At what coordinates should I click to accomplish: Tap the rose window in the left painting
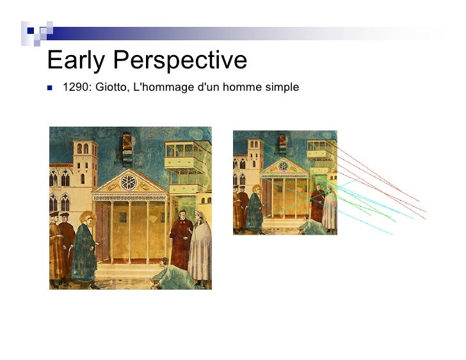click(129, 182)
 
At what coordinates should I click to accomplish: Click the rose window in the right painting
click(284, 166)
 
